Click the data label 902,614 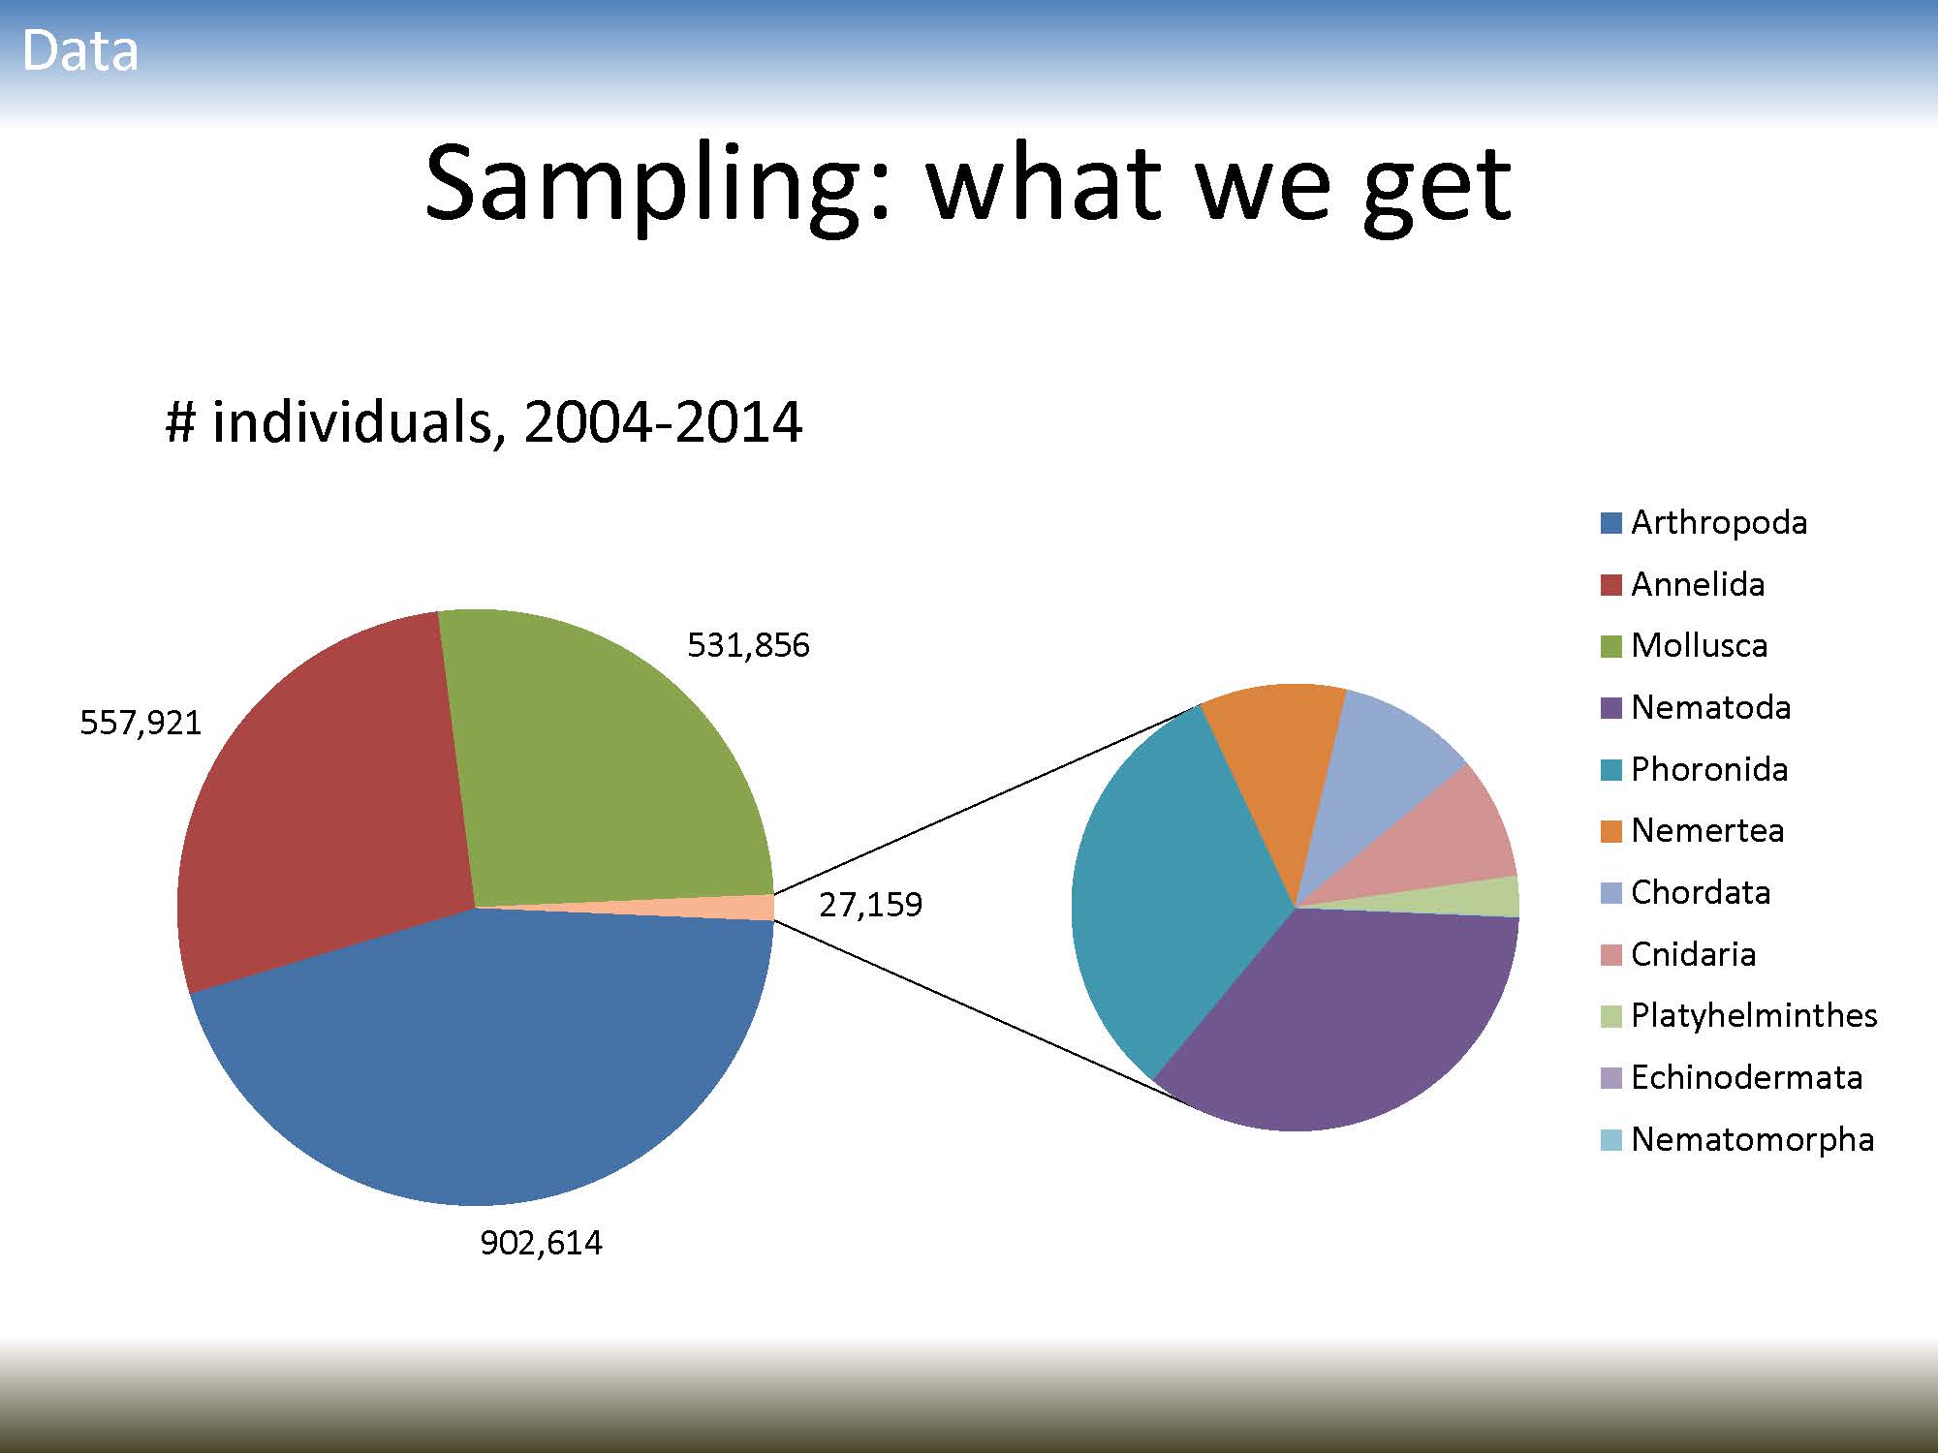(x=541, y=1243)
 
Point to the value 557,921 (x=141, y=723)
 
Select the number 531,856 (x=748, y=645)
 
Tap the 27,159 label (x=870, y=905)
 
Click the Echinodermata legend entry (x=1732, y=1077)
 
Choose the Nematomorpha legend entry (x=1737, y=1139)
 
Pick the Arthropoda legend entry (x=1704, y=523)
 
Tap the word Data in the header (x=80, y=50)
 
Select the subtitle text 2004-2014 (x=663, y=422)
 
